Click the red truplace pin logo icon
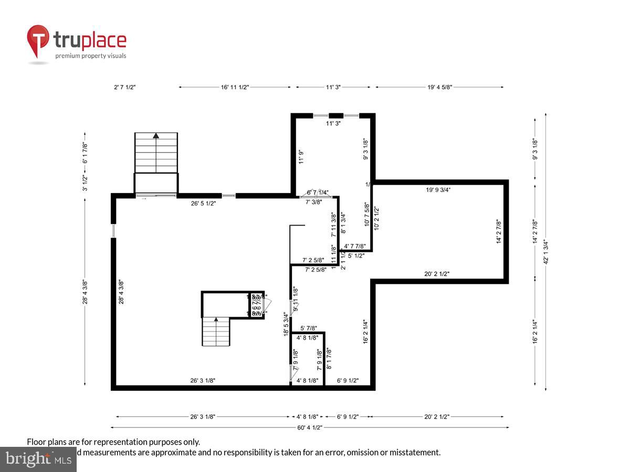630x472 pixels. tap(38, 40)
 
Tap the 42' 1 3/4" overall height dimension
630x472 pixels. tap(547, 252)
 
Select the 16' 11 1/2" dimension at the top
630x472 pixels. tap(235, 87)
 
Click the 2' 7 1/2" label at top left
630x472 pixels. tap(124, 87)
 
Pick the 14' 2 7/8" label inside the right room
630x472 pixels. tap(499, 231)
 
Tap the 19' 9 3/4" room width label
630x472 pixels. tap(438, 190)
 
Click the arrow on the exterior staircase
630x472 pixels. tap(156, 135)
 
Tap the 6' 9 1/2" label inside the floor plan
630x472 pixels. tap(348, 381)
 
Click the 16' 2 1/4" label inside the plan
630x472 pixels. tap(365, 331)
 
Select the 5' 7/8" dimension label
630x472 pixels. tap(309, 328)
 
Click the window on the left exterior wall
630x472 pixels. tap(113, 231)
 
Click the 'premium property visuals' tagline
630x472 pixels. tap(91, 56)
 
